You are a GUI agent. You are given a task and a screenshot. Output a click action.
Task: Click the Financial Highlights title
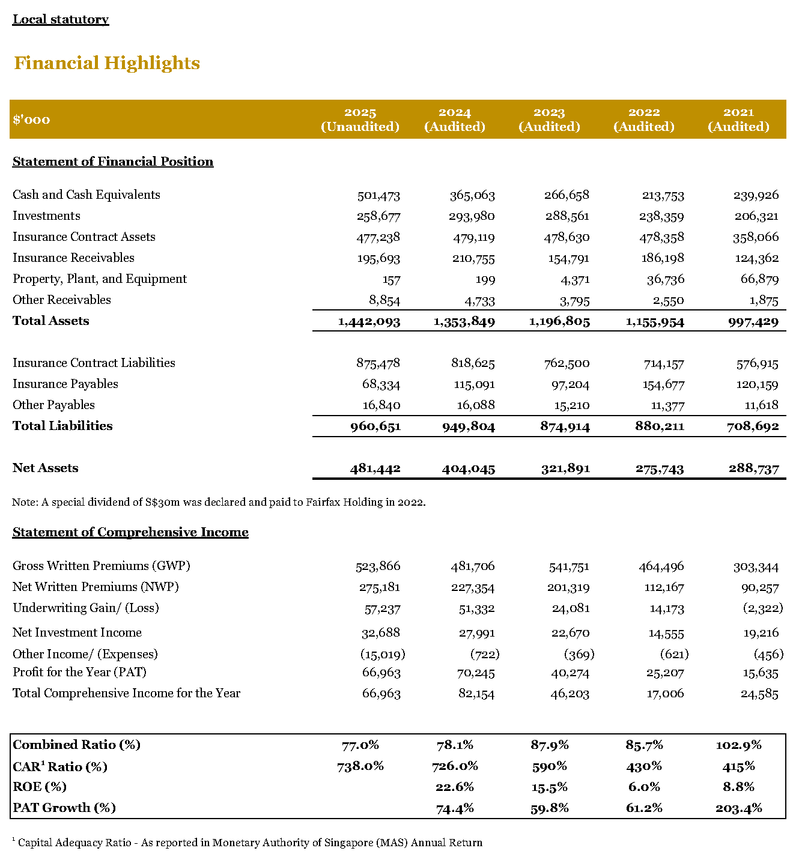107,63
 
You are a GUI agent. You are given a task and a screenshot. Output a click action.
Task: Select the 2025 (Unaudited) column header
360,120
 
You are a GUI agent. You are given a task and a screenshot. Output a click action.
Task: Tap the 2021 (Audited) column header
738,120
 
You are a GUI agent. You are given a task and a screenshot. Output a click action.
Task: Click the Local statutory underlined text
61,19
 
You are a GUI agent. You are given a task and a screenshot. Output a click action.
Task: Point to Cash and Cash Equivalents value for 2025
378,195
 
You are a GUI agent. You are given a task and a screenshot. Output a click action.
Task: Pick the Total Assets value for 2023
559,322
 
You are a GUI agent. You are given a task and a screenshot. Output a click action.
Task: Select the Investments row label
46,216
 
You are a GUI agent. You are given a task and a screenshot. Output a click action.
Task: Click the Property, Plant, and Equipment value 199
485,280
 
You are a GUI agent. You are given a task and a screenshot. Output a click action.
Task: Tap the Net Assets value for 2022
660,469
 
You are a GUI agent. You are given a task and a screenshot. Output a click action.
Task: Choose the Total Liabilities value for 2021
753,426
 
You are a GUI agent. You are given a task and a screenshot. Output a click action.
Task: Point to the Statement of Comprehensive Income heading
130,532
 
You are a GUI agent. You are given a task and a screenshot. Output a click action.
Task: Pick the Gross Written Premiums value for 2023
569,567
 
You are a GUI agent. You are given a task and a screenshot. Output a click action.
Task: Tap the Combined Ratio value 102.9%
738,745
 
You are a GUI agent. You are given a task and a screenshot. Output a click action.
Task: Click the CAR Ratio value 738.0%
360,766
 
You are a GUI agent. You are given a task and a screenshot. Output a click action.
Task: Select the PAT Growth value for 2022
644,808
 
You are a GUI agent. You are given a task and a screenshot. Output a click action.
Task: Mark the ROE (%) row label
40,787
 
